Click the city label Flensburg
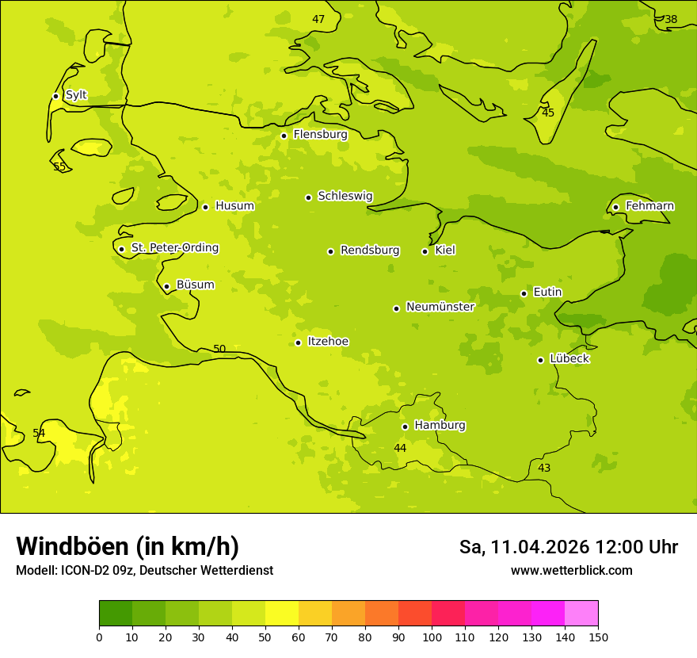[320, 135]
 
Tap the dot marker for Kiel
[425, 251]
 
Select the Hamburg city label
[440, 426]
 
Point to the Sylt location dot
[55, 96]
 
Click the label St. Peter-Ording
[174, 248]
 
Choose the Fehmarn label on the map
[649, 206]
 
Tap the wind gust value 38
[671, 20]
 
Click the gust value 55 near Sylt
[59, 167]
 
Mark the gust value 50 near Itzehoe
[219, 350]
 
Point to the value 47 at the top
[318, 20]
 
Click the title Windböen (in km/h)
[128, 546]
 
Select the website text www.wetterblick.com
[571, 570]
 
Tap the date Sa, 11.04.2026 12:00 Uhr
[568, 547]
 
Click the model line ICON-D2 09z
[144, 570]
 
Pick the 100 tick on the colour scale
[432, 637]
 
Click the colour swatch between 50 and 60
[282, 614]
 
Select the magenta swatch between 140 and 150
[581, 614]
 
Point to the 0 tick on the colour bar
[99, 637]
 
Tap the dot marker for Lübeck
[540, 360]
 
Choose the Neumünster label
[440, 307]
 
